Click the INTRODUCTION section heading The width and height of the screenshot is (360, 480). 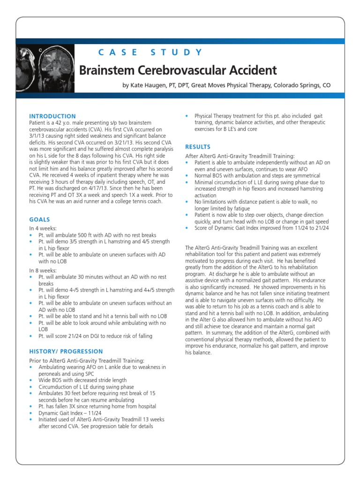[52, 116]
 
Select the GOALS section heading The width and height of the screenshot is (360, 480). [39, 219]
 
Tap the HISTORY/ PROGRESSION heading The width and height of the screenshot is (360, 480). [66, 351]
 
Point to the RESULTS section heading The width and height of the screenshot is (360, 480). [198, 147]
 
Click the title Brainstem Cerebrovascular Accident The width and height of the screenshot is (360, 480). [178, 70]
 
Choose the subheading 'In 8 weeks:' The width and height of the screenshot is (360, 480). [43, 270]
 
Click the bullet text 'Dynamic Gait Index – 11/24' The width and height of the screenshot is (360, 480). [69, 413]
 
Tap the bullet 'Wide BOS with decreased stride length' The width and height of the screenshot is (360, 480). [82, 381]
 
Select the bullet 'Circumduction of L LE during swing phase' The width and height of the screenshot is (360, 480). [86, 387]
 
